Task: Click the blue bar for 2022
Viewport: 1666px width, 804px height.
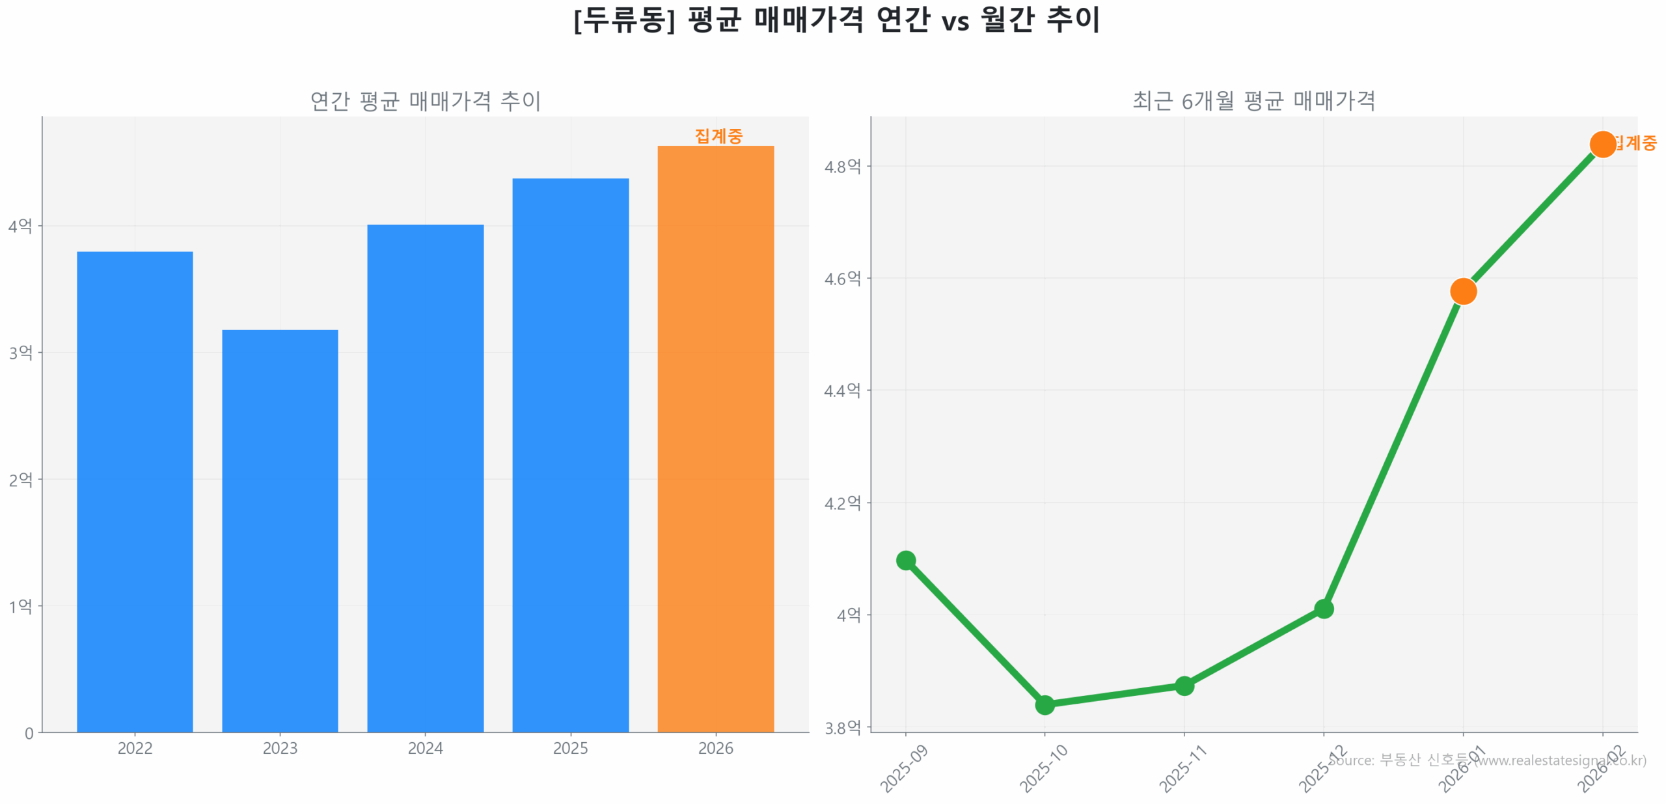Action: [x=135, y=491]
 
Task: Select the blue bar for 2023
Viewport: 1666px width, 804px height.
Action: [x=280, y=530]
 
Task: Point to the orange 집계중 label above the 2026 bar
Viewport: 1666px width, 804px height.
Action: [x=718, y=135]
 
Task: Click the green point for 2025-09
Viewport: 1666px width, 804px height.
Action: [x=905, y=560]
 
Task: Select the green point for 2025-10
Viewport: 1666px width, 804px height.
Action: [x=1045, y=704]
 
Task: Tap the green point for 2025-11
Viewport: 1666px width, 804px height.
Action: [x=1184, y=686]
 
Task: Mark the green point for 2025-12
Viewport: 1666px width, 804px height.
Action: [x=1323, y=609]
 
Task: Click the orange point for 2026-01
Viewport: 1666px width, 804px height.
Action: [x=1463, y=291]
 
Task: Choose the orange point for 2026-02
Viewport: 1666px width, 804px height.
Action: [x=1602, y=144]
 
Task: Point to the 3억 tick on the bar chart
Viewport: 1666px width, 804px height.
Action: [x=20, y=352]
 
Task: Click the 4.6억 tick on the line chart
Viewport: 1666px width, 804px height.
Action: [x=842, y=278]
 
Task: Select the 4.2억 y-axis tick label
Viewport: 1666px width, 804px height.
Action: [x=842, y=503]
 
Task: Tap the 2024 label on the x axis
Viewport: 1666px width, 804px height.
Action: [x=425, y=748]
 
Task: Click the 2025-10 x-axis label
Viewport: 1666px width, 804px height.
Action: [x=1043, y=769]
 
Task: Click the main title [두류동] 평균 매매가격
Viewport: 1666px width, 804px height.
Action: [x=836, y=20]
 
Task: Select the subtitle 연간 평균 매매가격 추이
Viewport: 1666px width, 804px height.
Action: [x=425, y=101]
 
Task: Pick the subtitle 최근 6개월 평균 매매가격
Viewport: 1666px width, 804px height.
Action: [x=1253, y=101]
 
